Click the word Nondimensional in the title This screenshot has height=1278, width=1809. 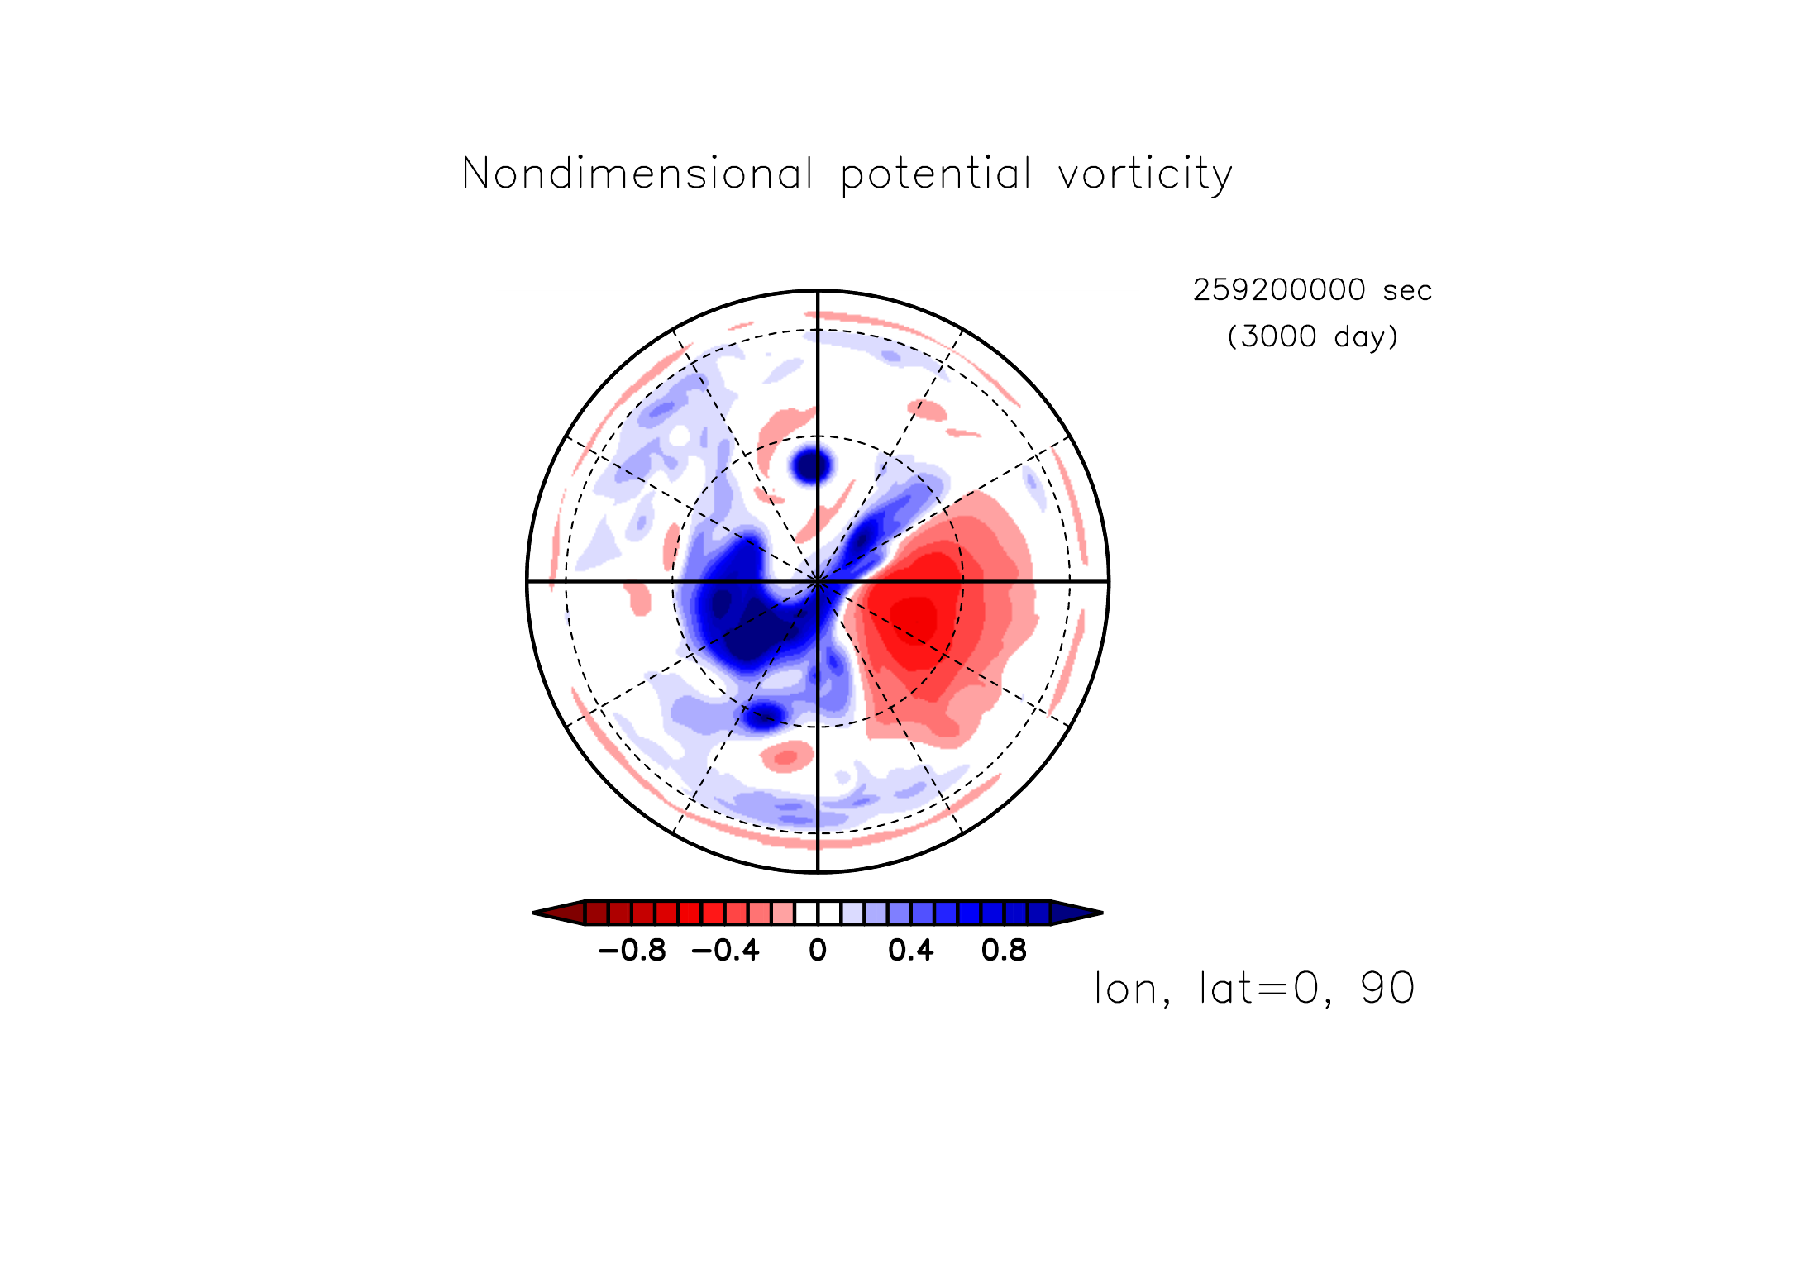[637, 174]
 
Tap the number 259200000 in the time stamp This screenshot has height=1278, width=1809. [1279, 290]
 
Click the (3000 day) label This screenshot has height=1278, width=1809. [1313, 336]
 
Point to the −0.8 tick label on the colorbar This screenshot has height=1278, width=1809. [632, 951]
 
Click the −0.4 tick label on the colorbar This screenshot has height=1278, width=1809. [725, 951]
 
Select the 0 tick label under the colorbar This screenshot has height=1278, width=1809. [818, 951]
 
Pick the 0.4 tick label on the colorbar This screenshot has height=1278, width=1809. [911, 951]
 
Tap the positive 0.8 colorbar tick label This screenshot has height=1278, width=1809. [1004, 951]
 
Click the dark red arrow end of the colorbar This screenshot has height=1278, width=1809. [559, 913]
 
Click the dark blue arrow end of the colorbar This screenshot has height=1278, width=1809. [1077, 913]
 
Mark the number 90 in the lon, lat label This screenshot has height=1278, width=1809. [1387, 988]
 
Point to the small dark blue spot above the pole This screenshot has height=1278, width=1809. [812, 465]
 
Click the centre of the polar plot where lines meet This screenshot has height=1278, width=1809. [818, 581]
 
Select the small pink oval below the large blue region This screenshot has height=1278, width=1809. [786, 756]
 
